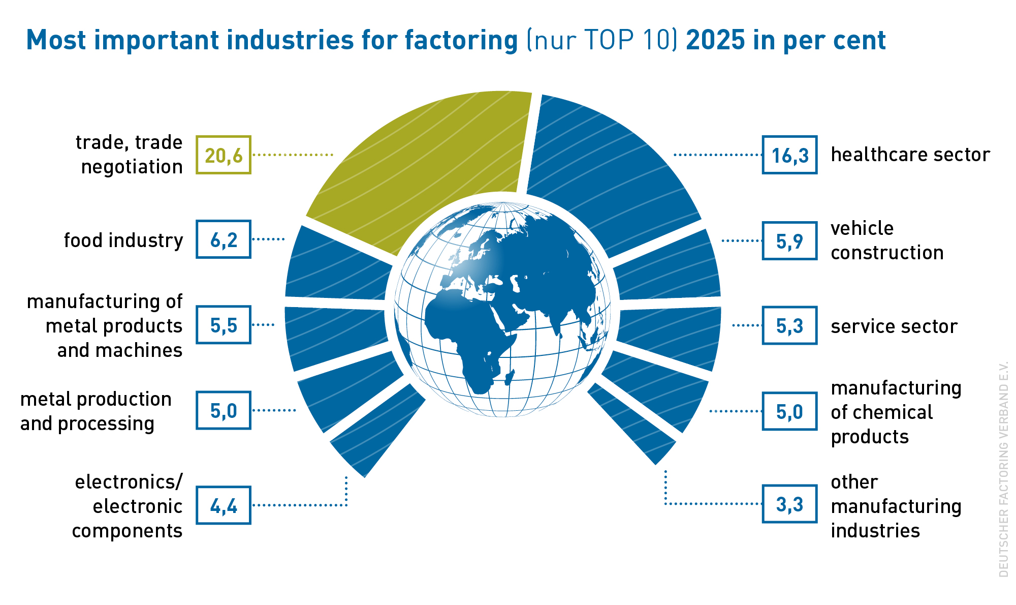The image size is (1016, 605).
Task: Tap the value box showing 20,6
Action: (224, 155)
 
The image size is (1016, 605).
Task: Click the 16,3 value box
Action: (789, 155)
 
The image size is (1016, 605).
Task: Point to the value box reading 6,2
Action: (224, 239)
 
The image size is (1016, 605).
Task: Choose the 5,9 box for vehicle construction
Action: (789, 241)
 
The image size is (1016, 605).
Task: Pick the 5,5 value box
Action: (224, 325)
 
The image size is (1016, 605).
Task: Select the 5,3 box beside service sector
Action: (789, 325)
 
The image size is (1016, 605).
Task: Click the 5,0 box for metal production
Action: (224, 410)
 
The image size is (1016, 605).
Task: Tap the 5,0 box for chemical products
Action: (789, 411)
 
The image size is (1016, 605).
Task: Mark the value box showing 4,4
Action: (224, 505)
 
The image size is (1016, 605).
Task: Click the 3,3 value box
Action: (789, 504)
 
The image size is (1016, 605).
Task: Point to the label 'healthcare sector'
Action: (910, 155)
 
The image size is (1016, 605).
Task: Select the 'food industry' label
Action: (123, 240)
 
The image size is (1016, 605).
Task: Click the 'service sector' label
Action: (894, 326)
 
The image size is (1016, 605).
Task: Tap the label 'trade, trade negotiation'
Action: (129, 155)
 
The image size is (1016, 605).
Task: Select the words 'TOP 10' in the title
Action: (628, 40)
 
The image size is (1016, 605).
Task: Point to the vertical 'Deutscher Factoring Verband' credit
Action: (1003, 469)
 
